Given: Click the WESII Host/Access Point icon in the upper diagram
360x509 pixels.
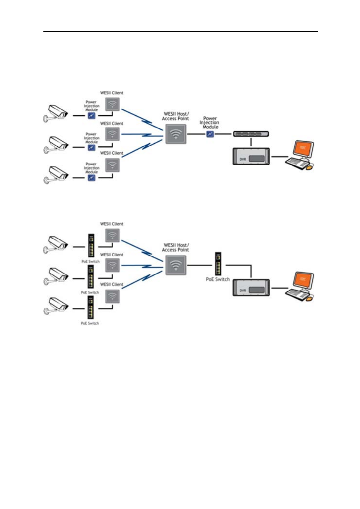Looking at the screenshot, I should click(176, 134).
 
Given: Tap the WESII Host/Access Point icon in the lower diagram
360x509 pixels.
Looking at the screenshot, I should click(176, 265).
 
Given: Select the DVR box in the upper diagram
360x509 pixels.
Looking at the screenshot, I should click(251, 156).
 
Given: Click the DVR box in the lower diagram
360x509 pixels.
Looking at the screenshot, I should click(251, 288).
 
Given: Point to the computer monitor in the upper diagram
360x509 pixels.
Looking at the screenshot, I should click(303, 149).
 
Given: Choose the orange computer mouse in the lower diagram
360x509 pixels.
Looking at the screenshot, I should click(309, 298).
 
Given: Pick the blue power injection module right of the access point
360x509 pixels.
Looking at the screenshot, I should click(210, 134).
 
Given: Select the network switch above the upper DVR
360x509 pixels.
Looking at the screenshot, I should click(251, 134).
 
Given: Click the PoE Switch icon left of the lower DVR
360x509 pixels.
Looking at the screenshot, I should click(218, 264).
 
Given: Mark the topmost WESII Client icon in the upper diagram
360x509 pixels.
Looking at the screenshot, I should click(112, 104).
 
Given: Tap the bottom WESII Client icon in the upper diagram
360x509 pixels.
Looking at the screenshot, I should click(112, 165).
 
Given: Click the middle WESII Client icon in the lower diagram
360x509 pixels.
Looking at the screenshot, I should click(112, 265).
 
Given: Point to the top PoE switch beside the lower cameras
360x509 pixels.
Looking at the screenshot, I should click(91, 245).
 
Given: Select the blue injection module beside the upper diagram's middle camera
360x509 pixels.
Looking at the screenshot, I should click(92, 147).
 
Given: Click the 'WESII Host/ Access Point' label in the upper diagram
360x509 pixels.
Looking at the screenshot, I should click(176, 116).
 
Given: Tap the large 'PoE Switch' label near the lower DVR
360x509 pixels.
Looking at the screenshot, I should click(218, 279).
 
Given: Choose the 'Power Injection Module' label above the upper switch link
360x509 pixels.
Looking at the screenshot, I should click(209, 123).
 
